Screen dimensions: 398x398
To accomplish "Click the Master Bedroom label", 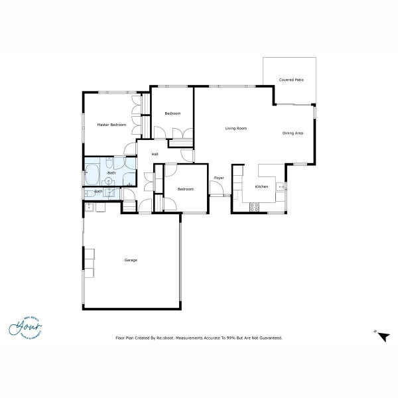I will (x=111, y=125).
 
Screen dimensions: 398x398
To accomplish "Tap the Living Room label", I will (x=235, y=128).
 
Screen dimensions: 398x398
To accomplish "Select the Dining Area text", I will (x=293, y=133).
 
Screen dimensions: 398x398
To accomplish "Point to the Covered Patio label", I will (x=291, y=80).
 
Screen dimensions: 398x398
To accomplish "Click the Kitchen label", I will (x=262, y=186).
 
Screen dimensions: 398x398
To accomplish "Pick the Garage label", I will (x=131, y=260).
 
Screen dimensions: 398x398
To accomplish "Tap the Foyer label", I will (x=218, y=178).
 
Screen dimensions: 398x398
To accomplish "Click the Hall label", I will (x=155, y=154).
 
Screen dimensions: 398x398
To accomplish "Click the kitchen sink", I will (x=282, y=188).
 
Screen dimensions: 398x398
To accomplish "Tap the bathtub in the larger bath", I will (x=91, y=177).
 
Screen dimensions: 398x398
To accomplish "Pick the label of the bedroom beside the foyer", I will (x=185, y=189).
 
